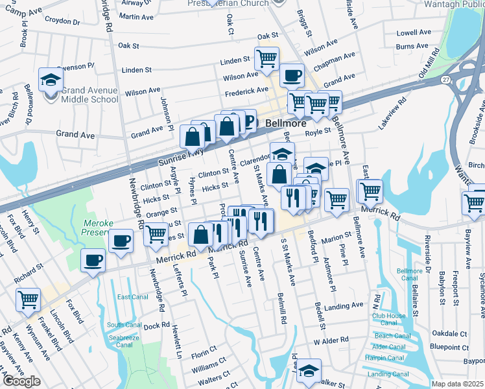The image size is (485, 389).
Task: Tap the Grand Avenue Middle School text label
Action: tap(89, 95)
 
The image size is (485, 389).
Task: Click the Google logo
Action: tap(21, 381)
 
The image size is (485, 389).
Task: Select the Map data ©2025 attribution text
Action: tap(457, 384)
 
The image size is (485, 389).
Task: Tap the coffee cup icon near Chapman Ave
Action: tap(292, 75)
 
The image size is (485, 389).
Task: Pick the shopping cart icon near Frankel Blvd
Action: tap(29, 300)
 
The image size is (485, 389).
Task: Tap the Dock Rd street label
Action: tap(156, 325)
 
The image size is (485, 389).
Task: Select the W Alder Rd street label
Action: tap(331, 339)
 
